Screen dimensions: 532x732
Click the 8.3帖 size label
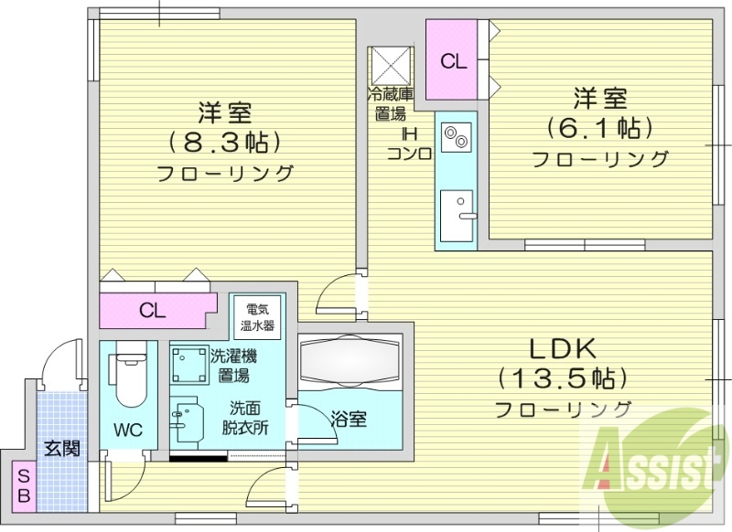click(224, 142)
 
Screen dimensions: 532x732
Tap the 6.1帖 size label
click(600, 127)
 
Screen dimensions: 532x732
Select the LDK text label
click(561, 348)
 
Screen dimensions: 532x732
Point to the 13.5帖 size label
click(561, 377)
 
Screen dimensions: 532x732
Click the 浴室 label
click(349, 420)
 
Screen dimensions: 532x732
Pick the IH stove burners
click(455, 140)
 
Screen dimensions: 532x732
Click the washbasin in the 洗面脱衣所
click(186, 420)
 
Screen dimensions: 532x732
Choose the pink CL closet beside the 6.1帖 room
click(454, 61)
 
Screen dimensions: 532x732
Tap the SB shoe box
click(23, 484)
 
